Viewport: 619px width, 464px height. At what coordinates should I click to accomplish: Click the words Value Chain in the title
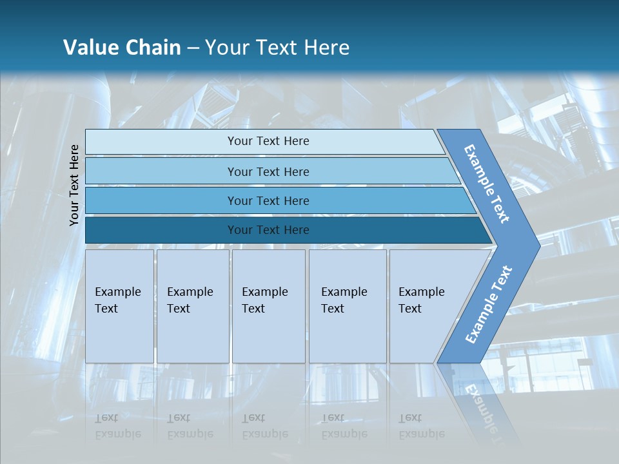pyautogui.click(x=122, y=48)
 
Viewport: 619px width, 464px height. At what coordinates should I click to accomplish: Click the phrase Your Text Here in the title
pyautogui.click(x=277, y=48)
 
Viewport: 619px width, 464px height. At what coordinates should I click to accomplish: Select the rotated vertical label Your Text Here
pyautogui.click(x=74, y=185)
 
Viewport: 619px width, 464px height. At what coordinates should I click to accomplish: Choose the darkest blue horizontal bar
pyautogui.click(x=161, y=230)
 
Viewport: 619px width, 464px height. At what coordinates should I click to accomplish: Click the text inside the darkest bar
pyautogui.click(x=268, y=230)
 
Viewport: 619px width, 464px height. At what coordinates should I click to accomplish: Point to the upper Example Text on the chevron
pyautogui.click(x=487, y=184)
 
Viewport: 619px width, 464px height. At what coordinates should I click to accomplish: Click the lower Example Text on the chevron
pyautogui.click(x=488, y=305)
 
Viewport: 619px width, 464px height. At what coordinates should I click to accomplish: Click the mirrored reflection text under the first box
pyautogui.click(x=117, y=426)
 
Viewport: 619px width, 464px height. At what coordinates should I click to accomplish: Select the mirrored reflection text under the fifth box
pyautogui.click(x=421, y=426)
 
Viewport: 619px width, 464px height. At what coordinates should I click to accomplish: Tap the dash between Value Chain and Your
pyautogui.click(x=193, y=48)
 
